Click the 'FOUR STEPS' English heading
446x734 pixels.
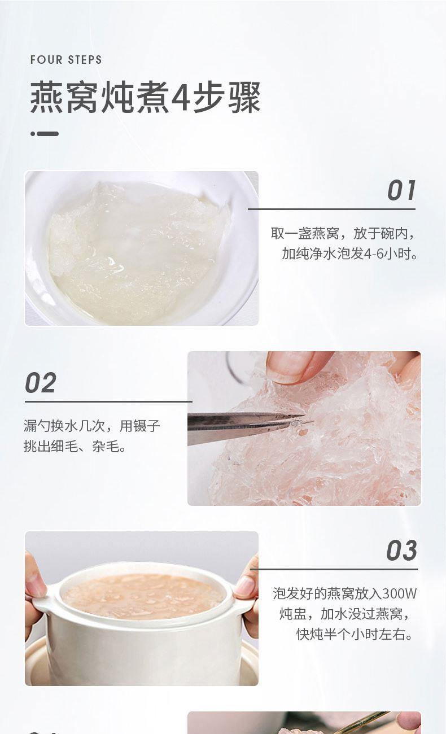[x=66, y=60]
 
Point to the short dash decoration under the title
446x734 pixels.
[x=45, y=134]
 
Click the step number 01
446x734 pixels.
[x=401, y=190]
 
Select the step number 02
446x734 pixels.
[x=40, y=382]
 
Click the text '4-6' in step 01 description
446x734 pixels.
[x=374, y=254]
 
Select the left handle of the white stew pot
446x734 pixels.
[x=42, y=604]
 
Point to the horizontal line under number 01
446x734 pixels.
[x=331, y=209]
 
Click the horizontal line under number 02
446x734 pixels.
[x=108, y=401]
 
